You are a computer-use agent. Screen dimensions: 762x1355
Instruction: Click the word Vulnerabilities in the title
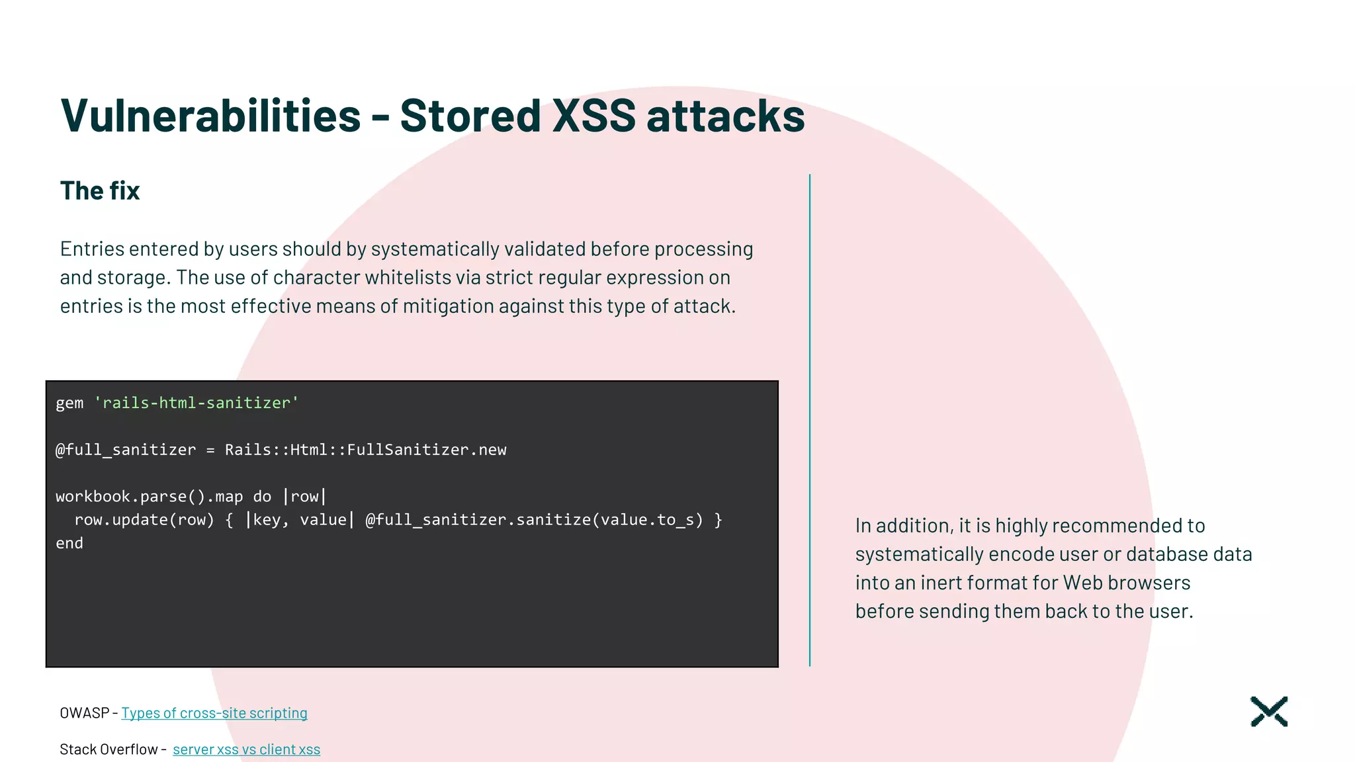(x=210, y=116)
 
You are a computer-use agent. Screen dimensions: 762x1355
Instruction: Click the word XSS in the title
(x=593, y=116)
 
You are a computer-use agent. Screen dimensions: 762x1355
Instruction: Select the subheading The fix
(x=100, y=190)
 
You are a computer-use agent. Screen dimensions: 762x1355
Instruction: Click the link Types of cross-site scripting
(x=214, y=713)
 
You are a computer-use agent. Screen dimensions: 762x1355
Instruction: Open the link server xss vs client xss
(x=246, y=749)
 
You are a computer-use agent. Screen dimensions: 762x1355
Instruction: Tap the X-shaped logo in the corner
(x=1268, y=712)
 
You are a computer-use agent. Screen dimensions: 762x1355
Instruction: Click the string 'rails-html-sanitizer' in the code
(x=197, y=403)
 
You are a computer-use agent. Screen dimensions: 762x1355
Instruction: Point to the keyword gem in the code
(x=69, y=403)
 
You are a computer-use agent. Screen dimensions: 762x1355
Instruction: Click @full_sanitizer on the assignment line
(x=126, y=450)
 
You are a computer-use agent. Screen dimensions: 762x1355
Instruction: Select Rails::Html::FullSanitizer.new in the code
(x=365, y=450)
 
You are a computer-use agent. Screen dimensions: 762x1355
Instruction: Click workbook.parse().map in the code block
(x=149, y=497)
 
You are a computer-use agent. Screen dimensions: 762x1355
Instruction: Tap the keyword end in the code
(x=69, y=543)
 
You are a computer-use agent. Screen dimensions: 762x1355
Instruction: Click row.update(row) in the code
(x=144, y=520)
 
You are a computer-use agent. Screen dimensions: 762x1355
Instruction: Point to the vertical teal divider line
(x=809, y=420)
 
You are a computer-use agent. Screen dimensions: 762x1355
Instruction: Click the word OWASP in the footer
(x=84, y=713)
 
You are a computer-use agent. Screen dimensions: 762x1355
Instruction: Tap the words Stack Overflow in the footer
(x=109, y=749)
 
